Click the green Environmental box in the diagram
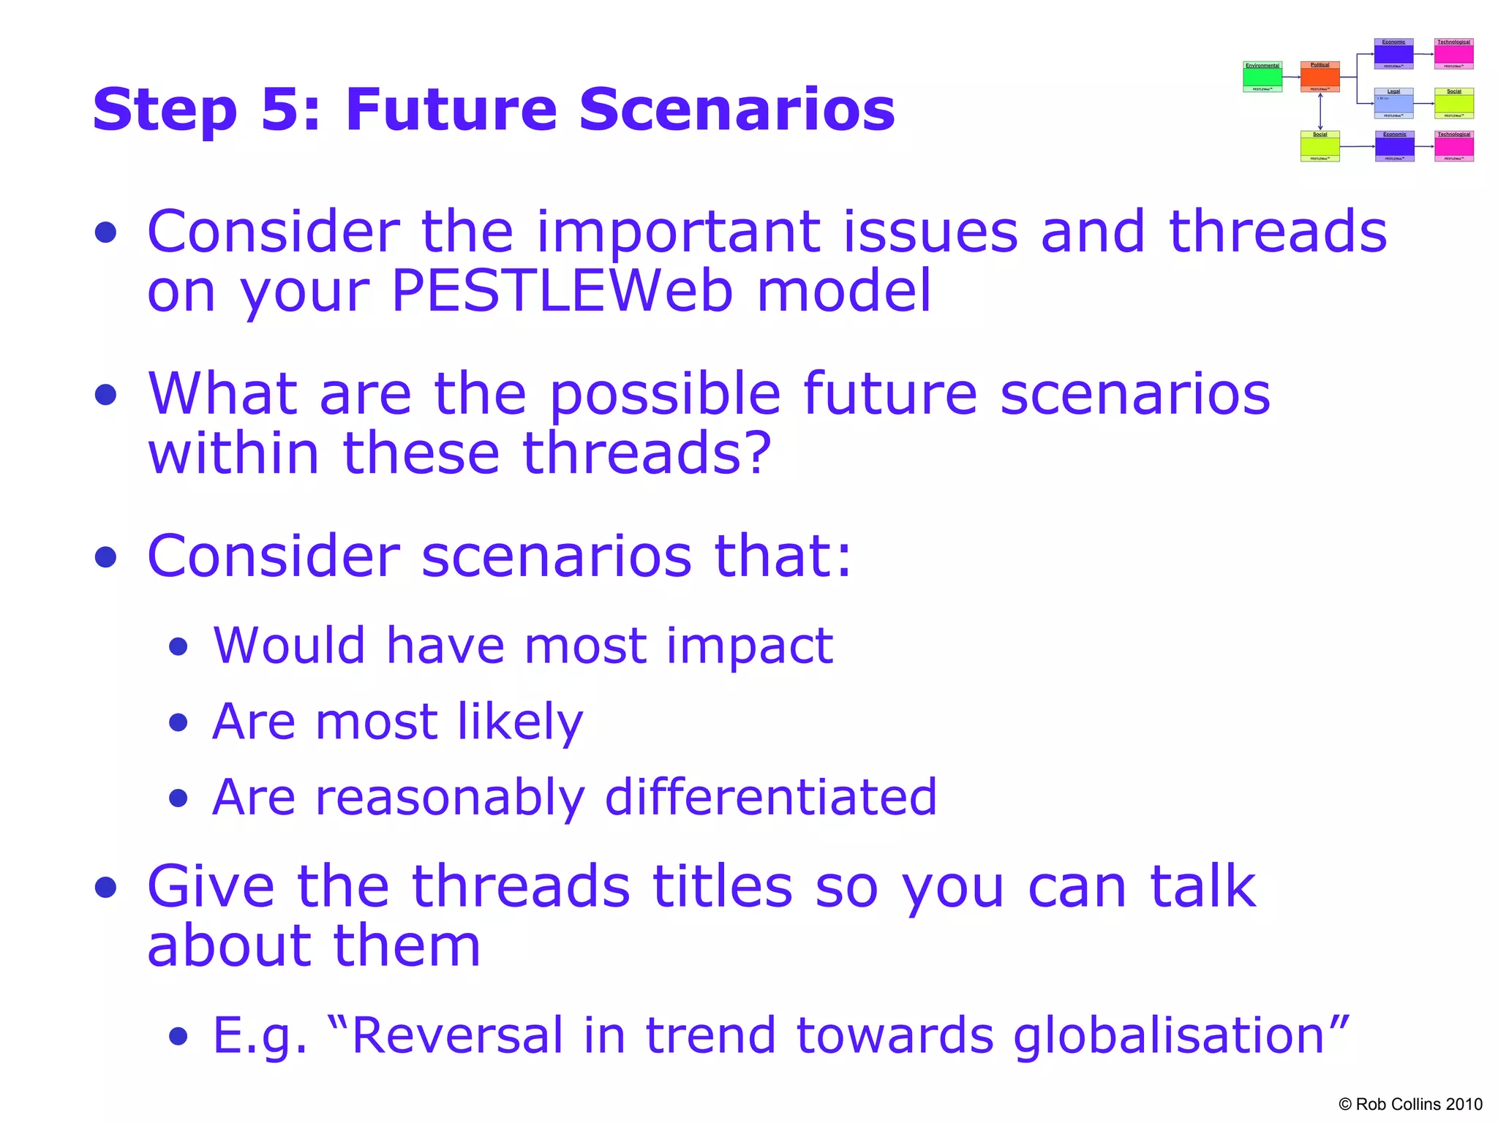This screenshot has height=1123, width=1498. point(1262,77)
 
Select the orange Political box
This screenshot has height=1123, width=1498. point(1320,77)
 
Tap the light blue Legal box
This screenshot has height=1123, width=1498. point(1393,103)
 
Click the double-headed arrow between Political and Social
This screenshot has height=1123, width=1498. point(1320,112)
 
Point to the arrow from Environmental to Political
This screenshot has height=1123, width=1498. point(1291,77)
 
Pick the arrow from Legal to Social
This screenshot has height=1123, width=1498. point(1423,104)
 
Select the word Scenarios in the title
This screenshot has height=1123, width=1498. point(737,110)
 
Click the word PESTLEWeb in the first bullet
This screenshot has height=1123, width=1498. point(561,290)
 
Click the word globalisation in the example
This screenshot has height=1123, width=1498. point(1169,1036)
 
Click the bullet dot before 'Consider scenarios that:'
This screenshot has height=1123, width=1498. point(106,557)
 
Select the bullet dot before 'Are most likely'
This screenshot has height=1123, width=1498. point(178,723)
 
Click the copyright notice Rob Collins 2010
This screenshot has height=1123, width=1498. point(1410,1104)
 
